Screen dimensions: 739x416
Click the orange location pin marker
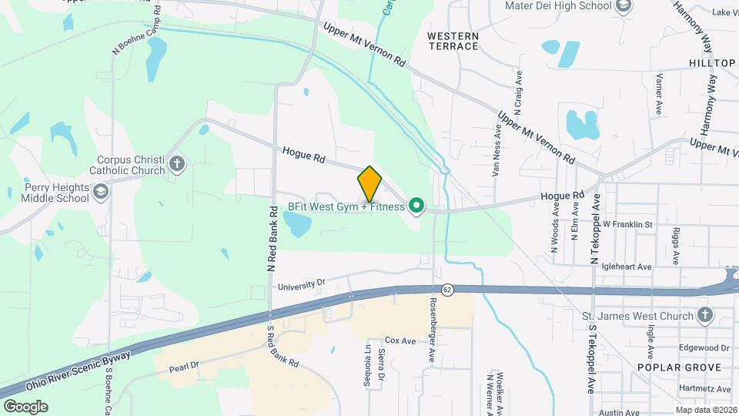pyautogui.click(x=369, y=183)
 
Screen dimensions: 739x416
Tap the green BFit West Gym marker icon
pyautogui.click(x=416, y=206)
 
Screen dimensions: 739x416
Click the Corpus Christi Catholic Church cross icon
pyautogui.click(x=177, y=164)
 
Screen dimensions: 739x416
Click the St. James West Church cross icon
pyautogui.click(x=704, y=314)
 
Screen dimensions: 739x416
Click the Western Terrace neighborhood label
pyautogui.click(x=453, y=41)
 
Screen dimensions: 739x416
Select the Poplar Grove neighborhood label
pyautogui.click(x=679, y=367)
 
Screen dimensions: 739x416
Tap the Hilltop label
pyautogui.click(x=712, y=63)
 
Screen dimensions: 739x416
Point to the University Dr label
pyautogui.click(x=302, y=284)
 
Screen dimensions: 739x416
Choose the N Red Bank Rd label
pyautogui.click(x=273, y=239)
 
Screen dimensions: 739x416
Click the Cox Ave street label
pyautogui.click(x=400, y=340)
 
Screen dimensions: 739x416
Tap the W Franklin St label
pyautogui.click(x=627, y=225)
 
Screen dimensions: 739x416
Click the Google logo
pyautogui.click(x=25, y=406)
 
